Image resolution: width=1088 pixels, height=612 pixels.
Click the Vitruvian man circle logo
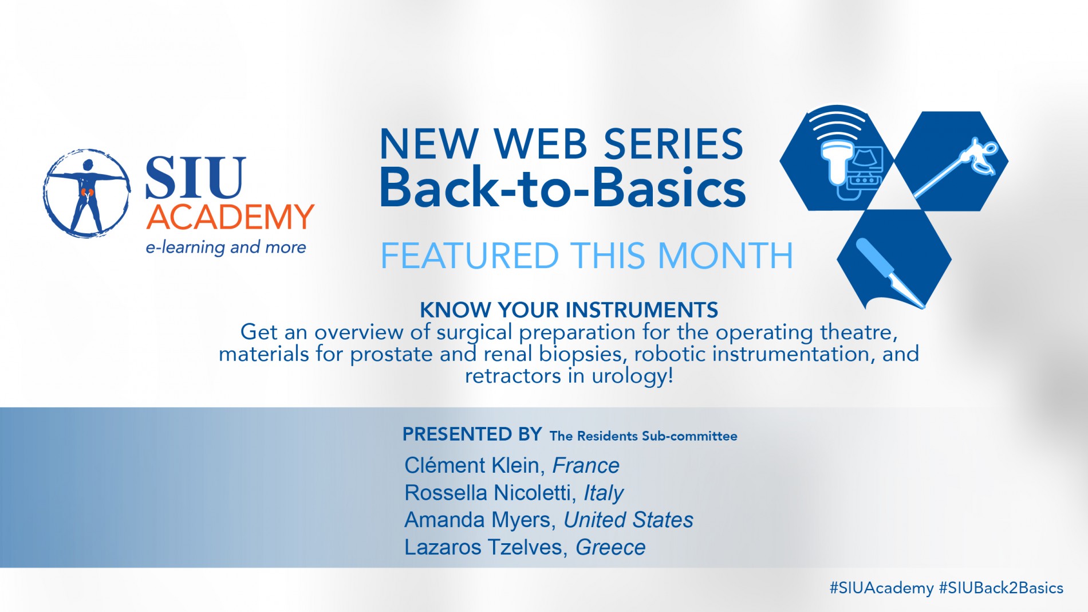coord(86,193)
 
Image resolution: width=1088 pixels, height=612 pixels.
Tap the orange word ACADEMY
coord(230,217)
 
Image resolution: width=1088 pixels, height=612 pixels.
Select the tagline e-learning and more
coord(226,248)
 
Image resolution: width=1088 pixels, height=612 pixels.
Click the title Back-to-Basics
coord(562,188)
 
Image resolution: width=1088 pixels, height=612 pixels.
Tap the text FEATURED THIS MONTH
coord(586,256)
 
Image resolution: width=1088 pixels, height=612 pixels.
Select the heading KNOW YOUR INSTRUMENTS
coord(569,310)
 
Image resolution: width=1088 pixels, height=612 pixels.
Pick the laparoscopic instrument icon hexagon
coord(952,161)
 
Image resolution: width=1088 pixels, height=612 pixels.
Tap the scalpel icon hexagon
coord(894,260)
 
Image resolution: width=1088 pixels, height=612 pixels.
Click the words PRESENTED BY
coord(472,434)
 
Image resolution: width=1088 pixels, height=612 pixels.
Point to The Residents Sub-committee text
coord(643,436)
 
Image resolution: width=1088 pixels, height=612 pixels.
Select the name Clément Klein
coord(472,465)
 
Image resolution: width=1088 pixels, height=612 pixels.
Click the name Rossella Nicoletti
coord(488,493)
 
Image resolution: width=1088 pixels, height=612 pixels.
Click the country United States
coord(628,520)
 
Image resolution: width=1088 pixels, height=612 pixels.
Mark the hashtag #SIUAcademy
coord(882,588)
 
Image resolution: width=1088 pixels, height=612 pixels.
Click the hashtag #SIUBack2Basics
coord(1002,588)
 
